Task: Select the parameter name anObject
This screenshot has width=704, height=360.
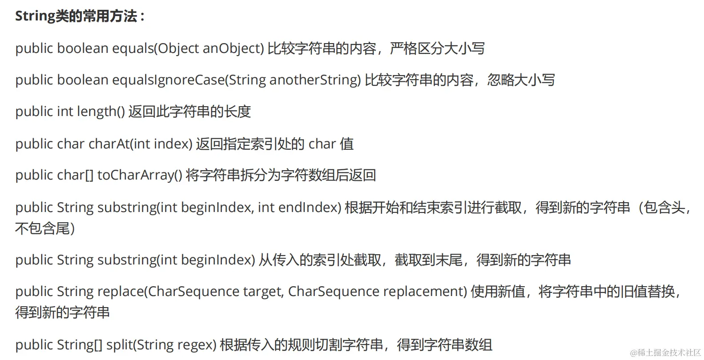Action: pyautogui.click(x=232, y=48)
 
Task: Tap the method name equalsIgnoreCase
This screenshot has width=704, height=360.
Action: pyautogui.click(x=168, y=80)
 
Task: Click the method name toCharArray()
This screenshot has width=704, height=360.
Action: pyautogui.click(x=140, y=175)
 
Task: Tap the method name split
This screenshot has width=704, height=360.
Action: pyautogui.click(x=119, y=345)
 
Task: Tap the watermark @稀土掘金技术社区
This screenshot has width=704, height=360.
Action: pyautogui.click(x=665, y=352)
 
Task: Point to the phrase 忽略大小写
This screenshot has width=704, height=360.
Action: pyautogui.click(x=521, y=80)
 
